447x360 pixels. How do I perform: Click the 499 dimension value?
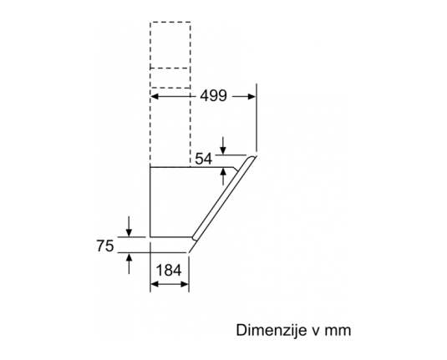click(214, 95)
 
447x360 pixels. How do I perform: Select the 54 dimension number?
click(204, 159)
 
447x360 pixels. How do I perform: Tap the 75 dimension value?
click(105, 246)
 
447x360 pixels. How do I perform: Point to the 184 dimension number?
click(169, 271)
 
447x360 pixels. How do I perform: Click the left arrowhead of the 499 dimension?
click(155, 97)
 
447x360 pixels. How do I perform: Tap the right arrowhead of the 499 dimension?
click(251, 97)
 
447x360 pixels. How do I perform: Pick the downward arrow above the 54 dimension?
click(223, 145)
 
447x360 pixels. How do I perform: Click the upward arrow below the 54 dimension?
click(223, 176)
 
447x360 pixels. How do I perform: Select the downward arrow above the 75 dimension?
click(130, 226)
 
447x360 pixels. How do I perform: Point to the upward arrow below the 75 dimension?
click(130, 264)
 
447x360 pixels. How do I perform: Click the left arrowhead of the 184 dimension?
click(155, 284)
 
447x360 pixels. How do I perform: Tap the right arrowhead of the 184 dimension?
click(185, 284)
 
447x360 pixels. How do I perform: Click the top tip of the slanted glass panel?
click(256, 156)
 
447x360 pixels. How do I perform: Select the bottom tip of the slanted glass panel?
click(189, 252)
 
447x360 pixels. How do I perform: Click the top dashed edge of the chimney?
click(170, 22)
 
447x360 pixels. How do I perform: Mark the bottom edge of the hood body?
click(171, 237)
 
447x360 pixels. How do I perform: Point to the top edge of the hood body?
click(191, 167)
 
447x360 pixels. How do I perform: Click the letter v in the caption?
click(315, 332)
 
